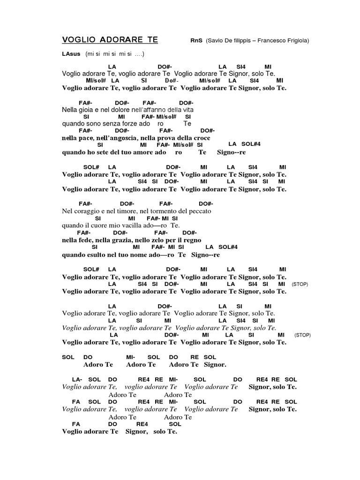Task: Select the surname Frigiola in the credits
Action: [x=294, y=41]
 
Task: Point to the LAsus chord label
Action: [x=71, y=54]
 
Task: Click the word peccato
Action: [x=200, y=211]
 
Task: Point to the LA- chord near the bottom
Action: [x=77, y=379]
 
